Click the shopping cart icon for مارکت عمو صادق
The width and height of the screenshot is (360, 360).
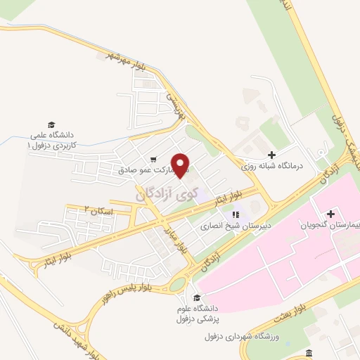[153, 159]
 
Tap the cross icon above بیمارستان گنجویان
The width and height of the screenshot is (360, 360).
[330, 212]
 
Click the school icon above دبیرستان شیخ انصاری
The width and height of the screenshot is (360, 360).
[236, 214]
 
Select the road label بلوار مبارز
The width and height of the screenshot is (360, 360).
[182, 238]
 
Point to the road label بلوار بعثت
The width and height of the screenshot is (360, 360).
[309, 308]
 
